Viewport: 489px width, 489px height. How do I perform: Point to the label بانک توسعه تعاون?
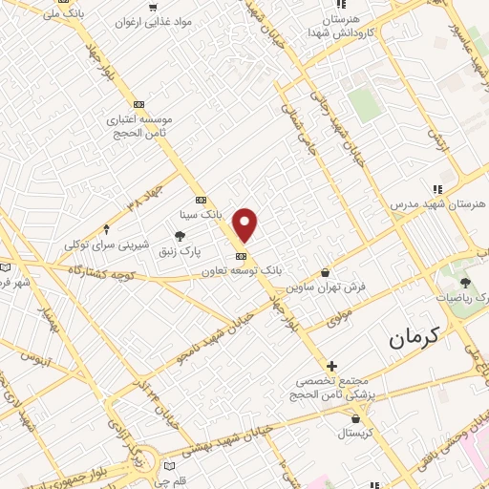pyautogui.click(x=242, y=271)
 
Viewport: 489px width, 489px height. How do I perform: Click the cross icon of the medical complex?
pyautogui.click(x=331, y=366)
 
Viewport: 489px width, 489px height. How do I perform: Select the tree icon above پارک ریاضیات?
pyautogui.click(x=466, y=283)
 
